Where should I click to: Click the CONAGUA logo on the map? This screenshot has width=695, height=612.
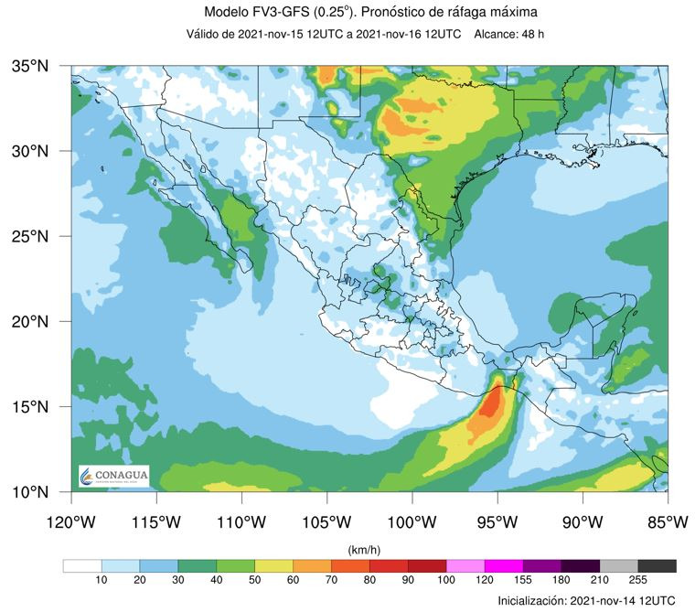[x=113, y=477]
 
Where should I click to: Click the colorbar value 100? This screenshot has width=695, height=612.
[x=446, y=581]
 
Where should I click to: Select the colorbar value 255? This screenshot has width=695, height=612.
[x=638, y=581]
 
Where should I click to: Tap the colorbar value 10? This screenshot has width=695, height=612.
[x=101, y=581]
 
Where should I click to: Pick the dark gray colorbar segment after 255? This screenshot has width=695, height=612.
[x=658, y=566]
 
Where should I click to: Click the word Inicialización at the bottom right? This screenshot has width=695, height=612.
[x=530, y=600]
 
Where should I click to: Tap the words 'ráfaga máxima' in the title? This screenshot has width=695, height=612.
[x=495, y=12]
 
